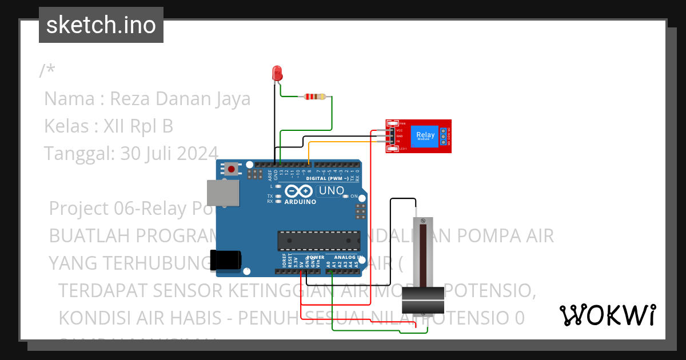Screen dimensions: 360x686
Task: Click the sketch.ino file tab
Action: (101, 25)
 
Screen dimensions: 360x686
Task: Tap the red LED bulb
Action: (277, 73)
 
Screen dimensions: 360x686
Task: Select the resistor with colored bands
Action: (314, 97)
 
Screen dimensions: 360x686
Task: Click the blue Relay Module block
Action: (425, 136)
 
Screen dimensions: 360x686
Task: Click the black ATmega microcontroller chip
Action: (319, 241)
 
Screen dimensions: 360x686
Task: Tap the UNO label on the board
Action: (331, 191)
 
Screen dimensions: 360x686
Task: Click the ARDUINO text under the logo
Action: (300, 202)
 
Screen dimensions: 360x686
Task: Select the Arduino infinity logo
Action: (299, 191)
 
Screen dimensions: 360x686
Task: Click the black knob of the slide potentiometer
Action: (422, 301)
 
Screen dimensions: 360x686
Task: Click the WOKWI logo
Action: (607, 315)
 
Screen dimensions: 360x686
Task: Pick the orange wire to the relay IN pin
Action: (343, 142)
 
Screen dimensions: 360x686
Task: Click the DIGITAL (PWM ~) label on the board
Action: (327, 178)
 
